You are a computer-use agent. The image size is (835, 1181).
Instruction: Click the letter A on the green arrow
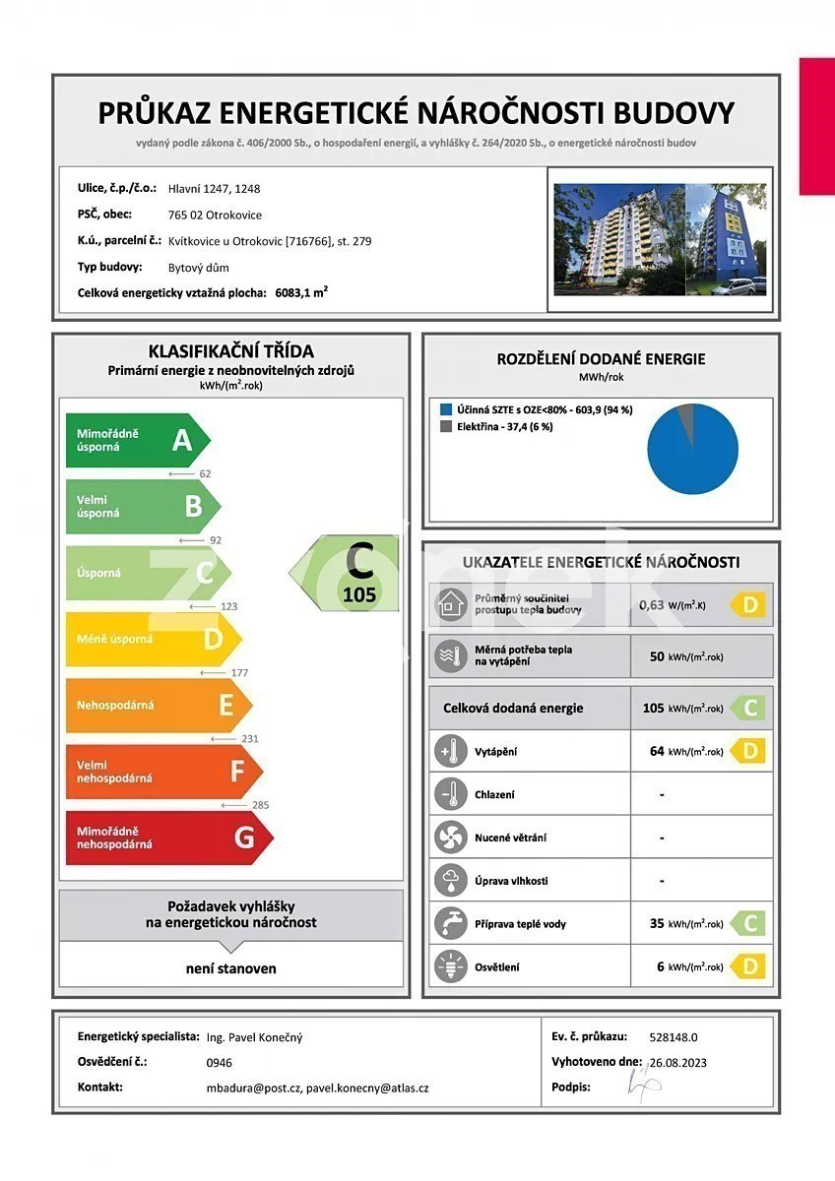tap(181, 440)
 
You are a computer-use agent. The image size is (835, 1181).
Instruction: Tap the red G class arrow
tap(167, 838)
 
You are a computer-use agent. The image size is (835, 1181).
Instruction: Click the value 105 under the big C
tap(359, 594)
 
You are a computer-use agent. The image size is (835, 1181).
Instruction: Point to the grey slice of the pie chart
tap(687, 414)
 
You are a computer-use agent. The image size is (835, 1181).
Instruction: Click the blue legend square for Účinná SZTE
tap(446, 408)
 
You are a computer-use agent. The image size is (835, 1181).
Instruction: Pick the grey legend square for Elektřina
tap(446, 426)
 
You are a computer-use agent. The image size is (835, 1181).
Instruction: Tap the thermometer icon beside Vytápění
tap(450, 751)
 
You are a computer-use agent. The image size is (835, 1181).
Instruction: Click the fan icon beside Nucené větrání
tap(450, 838)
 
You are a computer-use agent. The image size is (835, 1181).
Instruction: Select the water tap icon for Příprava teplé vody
tap(450, 923)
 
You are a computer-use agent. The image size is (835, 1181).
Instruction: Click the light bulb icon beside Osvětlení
tap(450, 966)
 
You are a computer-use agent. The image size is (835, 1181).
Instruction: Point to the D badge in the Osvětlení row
tap(749, 966)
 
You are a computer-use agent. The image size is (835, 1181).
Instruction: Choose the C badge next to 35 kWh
tap(749, 923)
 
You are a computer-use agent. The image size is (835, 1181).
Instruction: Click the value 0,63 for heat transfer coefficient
tap(651, 604)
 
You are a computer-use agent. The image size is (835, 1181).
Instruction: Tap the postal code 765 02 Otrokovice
tap(216, 215)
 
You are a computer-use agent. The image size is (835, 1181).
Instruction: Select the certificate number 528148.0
tap(674, 1036)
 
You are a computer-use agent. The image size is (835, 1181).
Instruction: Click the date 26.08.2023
tap(678, 1062)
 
